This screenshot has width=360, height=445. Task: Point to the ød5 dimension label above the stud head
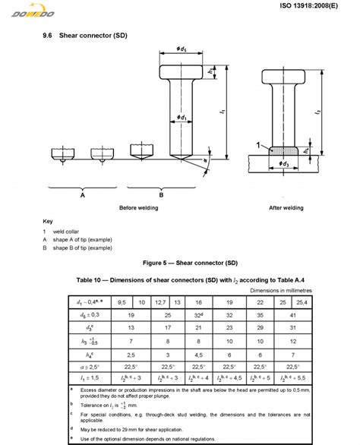click(181, 50)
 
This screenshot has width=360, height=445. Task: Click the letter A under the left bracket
click(81, 194)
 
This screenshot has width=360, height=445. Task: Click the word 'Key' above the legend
click(48, 221)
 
